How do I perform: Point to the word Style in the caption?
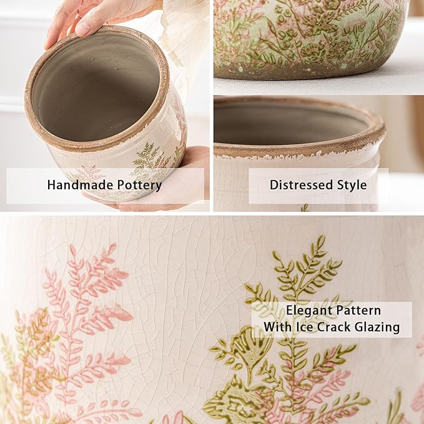click(x=351, y=185)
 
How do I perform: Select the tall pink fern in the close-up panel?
click(x=87, y=300)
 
